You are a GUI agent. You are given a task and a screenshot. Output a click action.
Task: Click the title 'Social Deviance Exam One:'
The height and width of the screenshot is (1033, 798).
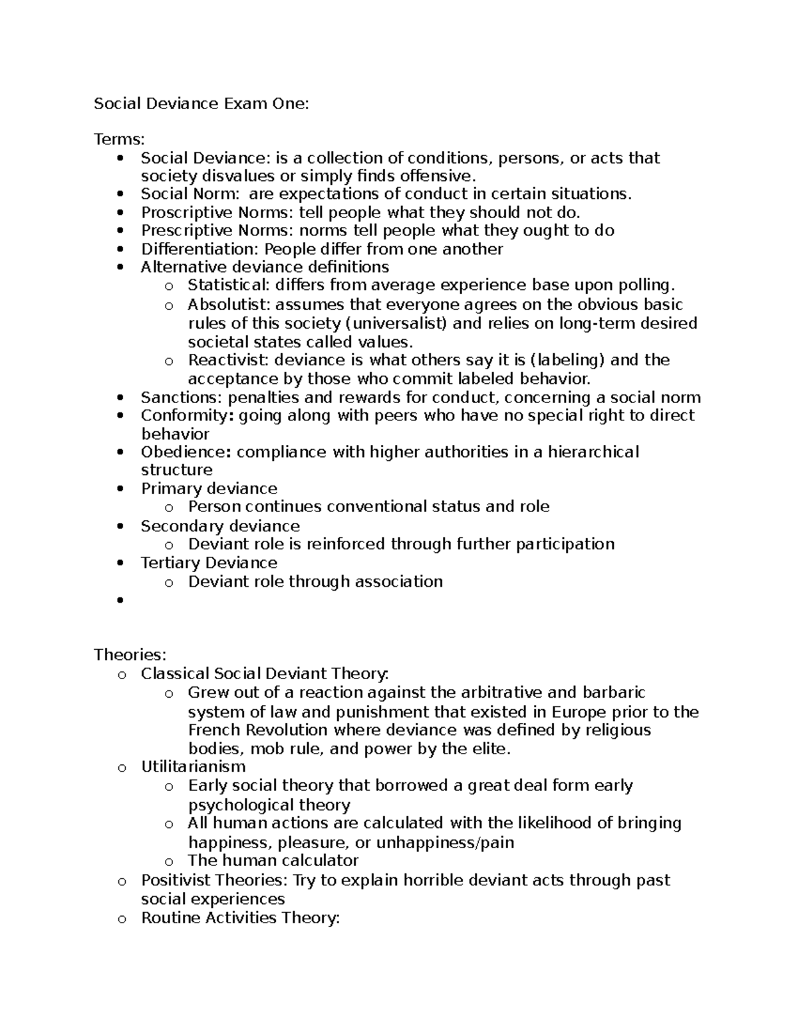201,103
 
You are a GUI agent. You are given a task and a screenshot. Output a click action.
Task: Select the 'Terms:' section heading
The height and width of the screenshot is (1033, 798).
119,139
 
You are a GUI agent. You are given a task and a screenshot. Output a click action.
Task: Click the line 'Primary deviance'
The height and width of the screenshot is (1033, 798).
209,488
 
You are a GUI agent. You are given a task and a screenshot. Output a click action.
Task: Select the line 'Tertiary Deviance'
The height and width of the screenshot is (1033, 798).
209,563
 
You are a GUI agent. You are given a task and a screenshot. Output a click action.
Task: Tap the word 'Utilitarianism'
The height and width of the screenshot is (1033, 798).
193,767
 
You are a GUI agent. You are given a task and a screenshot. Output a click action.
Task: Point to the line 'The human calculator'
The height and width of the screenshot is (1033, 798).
273,860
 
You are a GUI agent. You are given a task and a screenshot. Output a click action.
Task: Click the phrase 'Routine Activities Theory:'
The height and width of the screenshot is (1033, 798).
240,918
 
